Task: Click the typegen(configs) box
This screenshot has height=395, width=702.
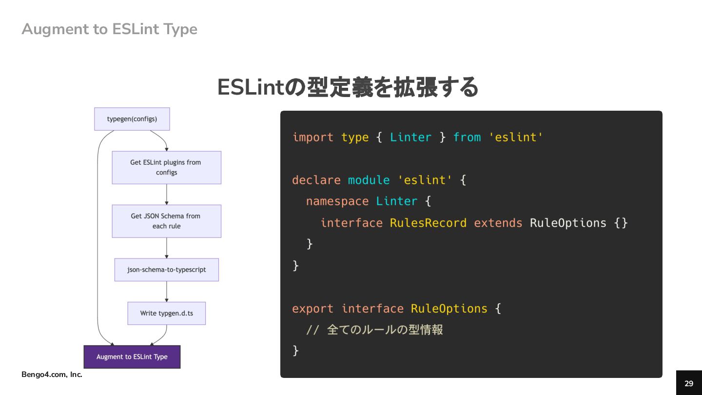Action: pyautogui.click(x=132, y=119)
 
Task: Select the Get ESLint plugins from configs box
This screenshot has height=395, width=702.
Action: pyautogui.click(x=166, y=167)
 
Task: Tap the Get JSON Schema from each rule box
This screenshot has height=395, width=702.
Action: pyautogui.click(x=166, y=221)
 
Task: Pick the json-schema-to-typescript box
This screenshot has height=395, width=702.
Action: pyautogui.click(x=166, y=270)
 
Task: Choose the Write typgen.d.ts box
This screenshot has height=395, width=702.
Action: pyautogui.click(x=166, y=313)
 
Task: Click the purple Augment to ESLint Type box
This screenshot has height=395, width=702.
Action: pyautogui.click(x=132, y=357)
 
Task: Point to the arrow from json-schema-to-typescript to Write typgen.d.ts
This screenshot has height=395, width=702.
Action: pyautogui.click(x=167, y=292)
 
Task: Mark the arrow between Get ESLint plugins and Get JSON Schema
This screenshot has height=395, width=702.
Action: pyautogui.click(x=167, y=195)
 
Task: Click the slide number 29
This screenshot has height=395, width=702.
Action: pyautogui.click(x=689, y=383)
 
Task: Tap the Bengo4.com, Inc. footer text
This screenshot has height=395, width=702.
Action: pyautogui.click(x=52, y=375)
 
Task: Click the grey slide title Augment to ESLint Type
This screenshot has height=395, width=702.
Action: pyautogui.click(x=109, y=29)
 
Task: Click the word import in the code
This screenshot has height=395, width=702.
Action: pyautogui.click(x=312, y=138)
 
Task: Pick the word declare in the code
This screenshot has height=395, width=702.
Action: pyautogui.click(x=316, y=180)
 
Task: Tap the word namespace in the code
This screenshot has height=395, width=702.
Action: pyautogui.click(x=337, y=201)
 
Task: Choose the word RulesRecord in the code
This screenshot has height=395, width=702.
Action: pyautogui.click(x=428, y=223)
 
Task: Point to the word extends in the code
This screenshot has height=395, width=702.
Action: pyautogui.click(x=498, y=223)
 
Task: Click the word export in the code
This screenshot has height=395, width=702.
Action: pyautogui.click(x=312, y=309)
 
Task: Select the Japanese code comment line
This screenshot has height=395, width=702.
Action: pyautogui.click(x=374, y=330)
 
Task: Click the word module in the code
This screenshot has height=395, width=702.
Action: pyautogui.click(x=369, y=180)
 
